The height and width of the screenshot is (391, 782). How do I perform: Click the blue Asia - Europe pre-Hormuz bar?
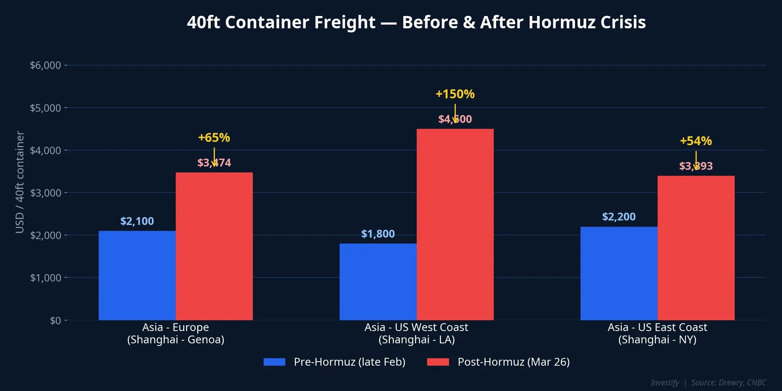click(137, 276)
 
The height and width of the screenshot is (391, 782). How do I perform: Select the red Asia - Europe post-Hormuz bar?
click(214, 246)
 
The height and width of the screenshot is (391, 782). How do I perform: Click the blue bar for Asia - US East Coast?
click(619, 273)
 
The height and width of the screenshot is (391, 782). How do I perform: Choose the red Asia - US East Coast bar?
click(696, 248)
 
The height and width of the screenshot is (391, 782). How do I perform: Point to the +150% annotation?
click(455, 94)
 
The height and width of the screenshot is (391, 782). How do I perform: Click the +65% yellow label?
click(214, 137)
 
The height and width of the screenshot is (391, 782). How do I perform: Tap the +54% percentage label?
click(696, 141)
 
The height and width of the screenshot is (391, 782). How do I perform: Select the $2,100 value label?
click(137, 221)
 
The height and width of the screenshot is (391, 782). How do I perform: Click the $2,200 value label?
click(619, 217)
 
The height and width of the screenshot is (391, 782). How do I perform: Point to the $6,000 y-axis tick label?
click(45, 65)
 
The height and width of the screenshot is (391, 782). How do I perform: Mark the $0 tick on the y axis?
click(55, 320)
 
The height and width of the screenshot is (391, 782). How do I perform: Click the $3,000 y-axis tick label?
click(45, 193)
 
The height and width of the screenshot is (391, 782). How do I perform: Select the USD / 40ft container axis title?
click(19, 182)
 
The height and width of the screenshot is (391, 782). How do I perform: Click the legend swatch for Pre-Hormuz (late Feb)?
click(274, 362)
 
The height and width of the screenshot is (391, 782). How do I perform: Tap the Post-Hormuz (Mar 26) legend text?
click(514, 362)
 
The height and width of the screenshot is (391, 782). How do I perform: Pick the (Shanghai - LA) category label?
click(416, 340)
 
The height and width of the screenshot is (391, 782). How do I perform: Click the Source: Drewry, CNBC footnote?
click(728, 382)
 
